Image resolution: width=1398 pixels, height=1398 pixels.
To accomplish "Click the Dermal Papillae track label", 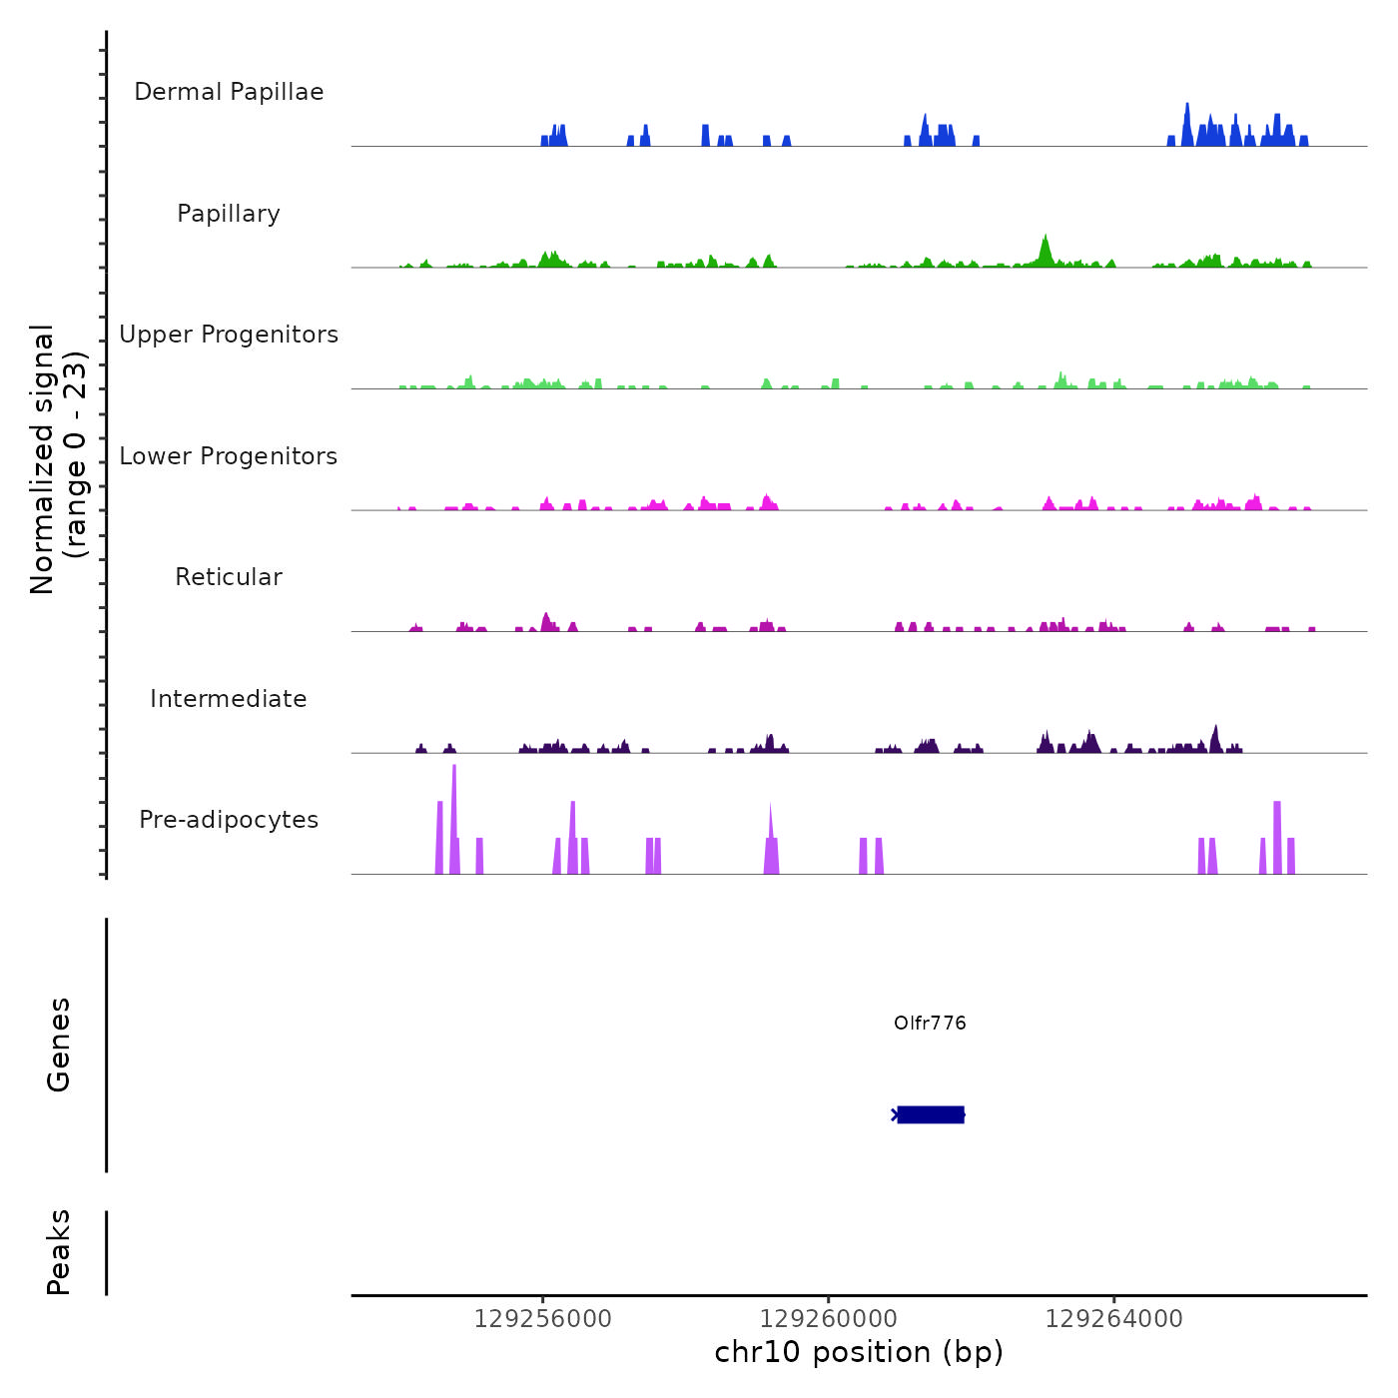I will coord(229,92).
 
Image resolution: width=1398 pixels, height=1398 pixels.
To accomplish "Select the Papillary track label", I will coord(229,214).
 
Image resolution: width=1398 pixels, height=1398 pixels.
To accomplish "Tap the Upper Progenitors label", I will coord(229,335).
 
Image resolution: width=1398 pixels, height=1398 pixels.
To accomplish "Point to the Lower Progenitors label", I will coord(229,456).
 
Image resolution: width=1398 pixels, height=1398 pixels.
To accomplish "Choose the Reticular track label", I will coord(229,577).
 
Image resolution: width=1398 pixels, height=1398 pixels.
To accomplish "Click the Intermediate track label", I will coord(229,699).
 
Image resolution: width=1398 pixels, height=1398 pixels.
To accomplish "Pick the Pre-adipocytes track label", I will coord(229,820).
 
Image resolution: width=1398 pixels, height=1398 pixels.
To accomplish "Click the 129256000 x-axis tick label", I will coord(542,1319).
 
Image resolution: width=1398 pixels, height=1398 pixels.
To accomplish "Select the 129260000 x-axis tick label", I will coord(828,1319).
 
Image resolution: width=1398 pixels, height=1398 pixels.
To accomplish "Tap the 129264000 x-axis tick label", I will coord(1113,1319).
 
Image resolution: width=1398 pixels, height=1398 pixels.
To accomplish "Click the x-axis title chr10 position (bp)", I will coord(859,1353).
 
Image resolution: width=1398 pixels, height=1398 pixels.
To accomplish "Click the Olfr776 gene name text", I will coord(930,1024).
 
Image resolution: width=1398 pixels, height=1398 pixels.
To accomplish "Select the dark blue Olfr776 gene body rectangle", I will coord(931,1114).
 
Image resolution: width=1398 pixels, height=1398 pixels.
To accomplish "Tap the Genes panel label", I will coord(59,1045).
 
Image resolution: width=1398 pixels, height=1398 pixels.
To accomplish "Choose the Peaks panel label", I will coord(59,1252).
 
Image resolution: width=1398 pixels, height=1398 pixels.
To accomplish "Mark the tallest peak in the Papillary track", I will coord(1045,246).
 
